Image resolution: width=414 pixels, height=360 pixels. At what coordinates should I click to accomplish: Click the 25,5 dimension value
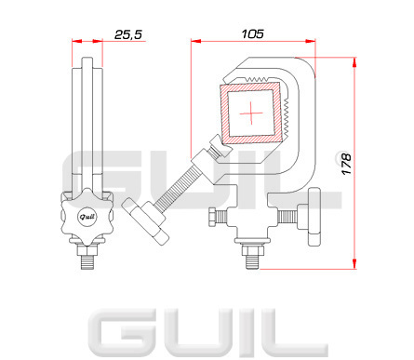tap(128, 34)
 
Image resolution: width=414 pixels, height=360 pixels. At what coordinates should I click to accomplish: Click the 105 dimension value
tap(253, 33)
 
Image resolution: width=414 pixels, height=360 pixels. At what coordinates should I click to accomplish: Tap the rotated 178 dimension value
tap(346, 164)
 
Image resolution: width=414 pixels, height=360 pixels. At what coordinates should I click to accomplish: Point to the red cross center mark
tap(251, 113)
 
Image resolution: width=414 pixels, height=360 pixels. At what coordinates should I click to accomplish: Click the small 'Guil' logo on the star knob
tap(87, 217)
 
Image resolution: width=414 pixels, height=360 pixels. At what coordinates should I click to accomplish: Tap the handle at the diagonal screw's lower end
tap(145, 221)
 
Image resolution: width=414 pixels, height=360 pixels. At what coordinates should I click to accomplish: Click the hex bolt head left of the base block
tap(212, 218)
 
